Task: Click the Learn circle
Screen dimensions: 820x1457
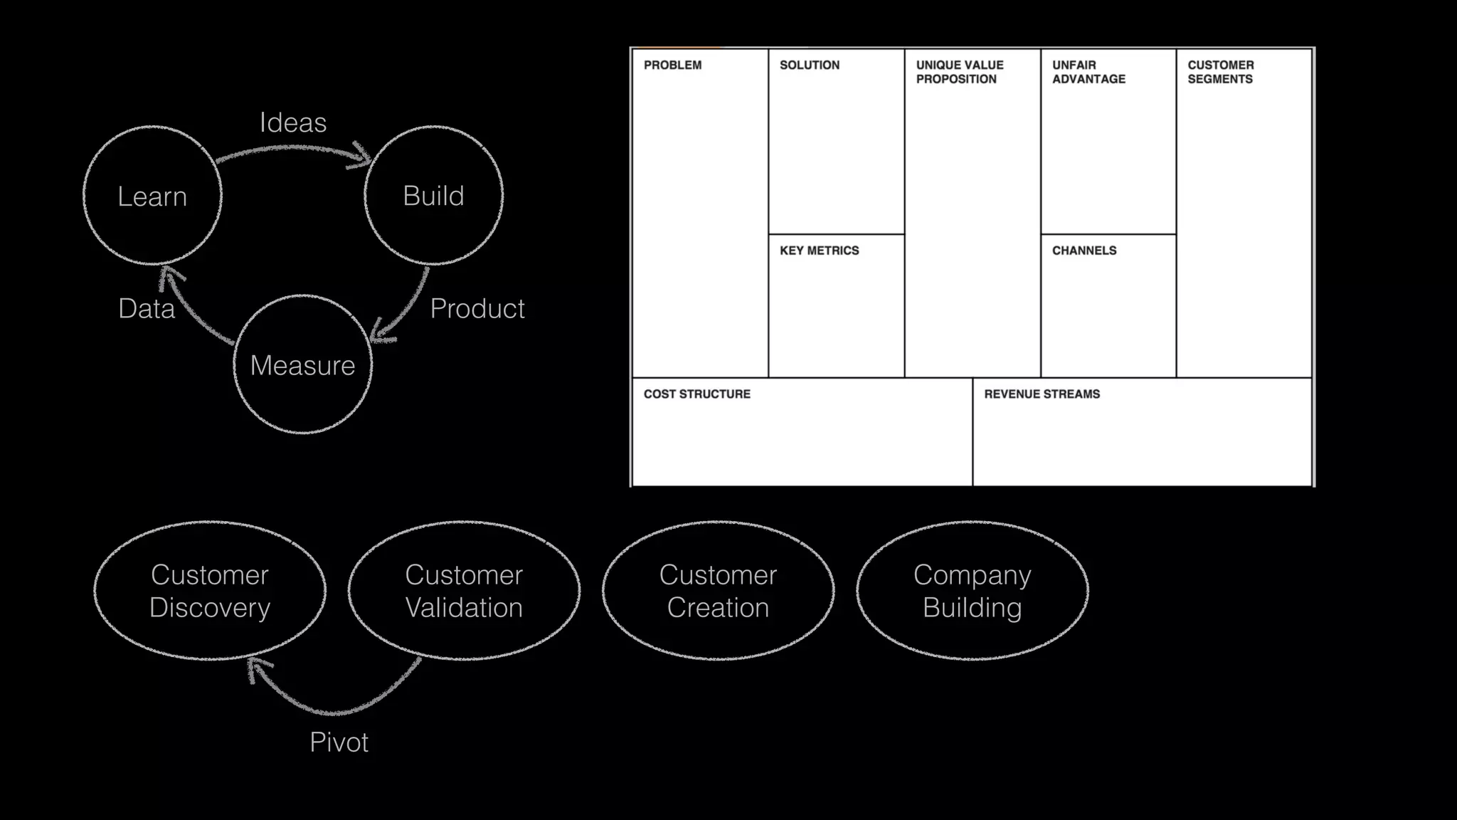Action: point(152,196)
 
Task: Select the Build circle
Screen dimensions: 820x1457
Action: point(433,196)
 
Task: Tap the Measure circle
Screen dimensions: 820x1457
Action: point(302,365)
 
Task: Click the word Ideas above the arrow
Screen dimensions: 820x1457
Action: point(293,122)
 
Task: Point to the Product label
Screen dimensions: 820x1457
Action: point(477,308)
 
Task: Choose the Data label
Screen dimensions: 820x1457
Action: point(147,308)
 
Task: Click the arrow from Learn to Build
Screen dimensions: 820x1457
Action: point(292,149)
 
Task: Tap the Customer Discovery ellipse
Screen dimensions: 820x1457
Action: point(210,591)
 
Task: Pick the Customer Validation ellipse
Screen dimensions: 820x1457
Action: point(464,591)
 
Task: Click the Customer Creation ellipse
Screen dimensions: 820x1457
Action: point(718,591)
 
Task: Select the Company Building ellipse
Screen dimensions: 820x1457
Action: point(973,591)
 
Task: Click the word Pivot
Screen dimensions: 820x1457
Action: point(339,742)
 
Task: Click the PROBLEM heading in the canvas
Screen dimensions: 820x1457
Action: point(672,65)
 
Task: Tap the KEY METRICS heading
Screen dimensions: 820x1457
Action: point(819,251)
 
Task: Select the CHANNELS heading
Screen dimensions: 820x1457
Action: point(1084,251)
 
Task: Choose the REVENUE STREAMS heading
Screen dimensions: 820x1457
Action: point(1042,394)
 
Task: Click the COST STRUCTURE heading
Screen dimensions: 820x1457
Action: point(696,394)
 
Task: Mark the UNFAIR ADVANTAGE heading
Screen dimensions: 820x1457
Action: point(1088,72)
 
